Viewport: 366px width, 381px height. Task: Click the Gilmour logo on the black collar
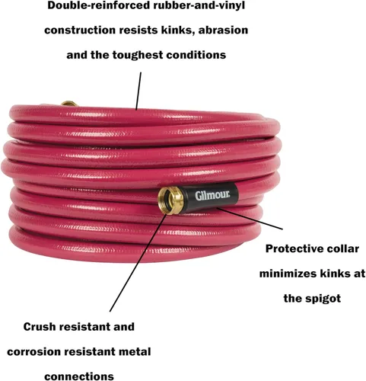tap(212, 195)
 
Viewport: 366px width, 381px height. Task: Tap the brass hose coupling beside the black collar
tap(171, 200)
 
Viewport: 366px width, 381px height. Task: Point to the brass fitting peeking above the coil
tap(69, 103)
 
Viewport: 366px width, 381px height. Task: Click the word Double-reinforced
tap(98, 5)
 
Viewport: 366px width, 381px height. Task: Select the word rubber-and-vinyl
tap(199, 6)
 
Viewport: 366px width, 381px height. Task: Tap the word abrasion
tap(223, 30)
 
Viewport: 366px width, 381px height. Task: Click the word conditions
tap(196, 55)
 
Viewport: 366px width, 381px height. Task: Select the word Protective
tap(293, 248)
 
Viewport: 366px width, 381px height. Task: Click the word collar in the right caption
tap(342, 248)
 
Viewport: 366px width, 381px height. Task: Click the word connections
tap(79, 376)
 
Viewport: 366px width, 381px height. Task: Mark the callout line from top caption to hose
tap(138, 91)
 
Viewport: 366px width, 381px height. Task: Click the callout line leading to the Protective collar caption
tap(250, 219)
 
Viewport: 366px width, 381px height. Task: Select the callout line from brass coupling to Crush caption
tap(138, 262)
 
